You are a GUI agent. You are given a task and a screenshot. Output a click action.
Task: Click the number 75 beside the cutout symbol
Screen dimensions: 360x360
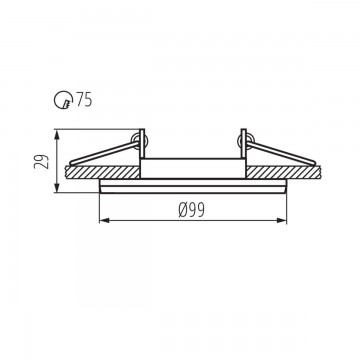(x=84, y=100)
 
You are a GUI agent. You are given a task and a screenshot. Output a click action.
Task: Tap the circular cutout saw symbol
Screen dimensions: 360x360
(x=63, y=100)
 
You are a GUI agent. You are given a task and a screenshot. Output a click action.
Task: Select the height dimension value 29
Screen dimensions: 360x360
(x=42, y=161)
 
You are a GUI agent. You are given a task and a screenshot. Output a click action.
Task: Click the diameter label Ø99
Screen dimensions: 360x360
(x=191, y=210)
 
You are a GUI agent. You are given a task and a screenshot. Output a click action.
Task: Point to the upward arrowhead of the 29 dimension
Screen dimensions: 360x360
(x=57, y=135)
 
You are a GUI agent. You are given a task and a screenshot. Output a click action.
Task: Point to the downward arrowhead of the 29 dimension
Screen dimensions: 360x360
(x=57, y=187)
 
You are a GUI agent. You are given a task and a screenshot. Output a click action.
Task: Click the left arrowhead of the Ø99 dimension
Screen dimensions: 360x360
(x=105, y=220)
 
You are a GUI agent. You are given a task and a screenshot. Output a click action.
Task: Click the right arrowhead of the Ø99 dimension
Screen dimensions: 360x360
(x=281, y=220)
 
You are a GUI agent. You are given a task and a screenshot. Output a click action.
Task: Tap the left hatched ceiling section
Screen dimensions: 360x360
(x=103, y=172)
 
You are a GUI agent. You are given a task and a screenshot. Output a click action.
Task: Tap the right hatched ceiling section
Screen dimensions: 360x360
(x=284, y=172)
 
